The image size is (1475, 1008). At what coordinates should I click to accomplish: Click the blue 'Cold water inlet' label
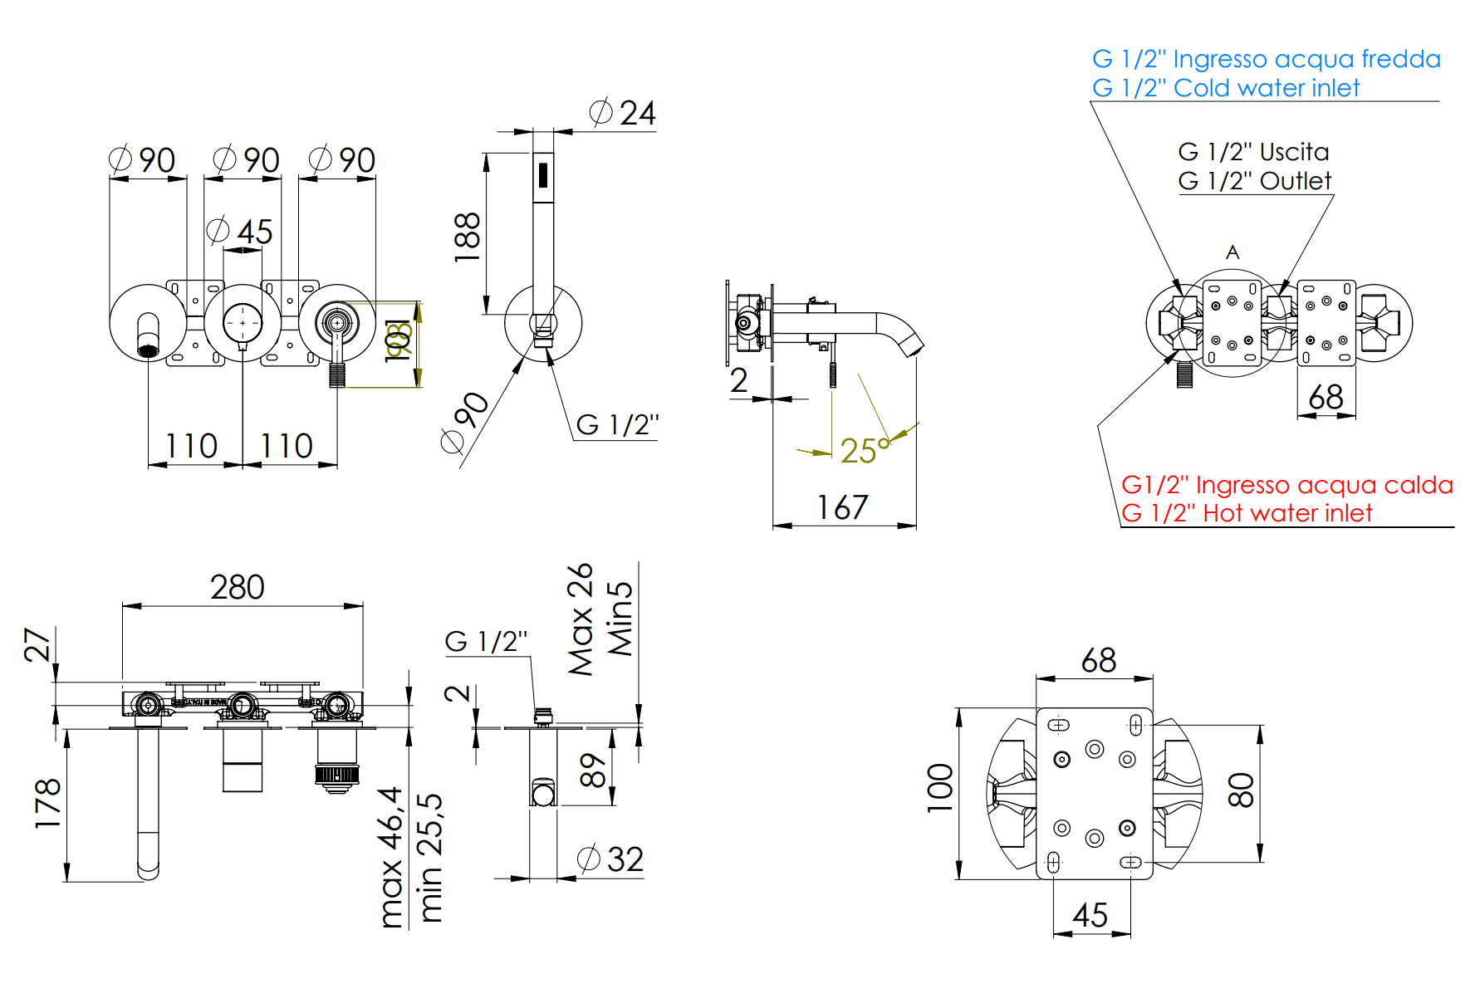point(1225,88)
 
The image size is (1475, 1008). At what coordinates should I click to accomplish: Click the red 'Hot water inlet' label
point(1246,513)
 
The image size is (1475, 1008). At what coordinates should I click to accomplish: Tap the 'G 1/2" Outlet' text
point(1254,181)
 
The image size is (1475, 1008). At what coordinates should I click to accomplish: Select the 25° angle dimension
point(864,451)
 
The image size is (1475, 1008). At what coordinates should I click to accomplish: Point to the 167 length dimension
point(842,507)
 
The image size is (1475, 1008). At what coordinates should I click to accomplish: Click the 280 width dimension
point(238,588)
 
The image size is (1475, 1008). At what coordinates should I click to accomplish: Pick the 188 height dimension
point(468,237)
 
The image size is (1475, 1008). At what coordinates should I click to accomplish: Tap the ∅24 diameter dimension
point(623,113)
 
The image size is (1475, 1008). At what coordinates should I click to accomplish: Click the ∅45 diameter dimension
point(240,232)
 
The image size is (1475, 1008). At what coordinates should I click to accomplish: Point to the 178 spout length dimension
point(48,803)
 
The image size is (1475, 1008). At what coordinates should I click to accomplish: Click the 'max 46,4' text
point(390,857)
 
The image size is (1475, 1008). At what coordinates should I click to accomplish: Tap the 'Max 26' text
point(581,619)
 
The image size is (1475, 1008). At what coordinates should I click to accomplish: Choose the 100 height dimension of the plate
point(940,788)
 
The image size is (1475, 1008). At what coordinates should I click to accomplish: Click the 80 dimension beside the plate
point(1241,790)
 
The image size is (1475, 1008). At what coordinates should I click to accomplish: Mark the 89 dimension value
point(593,771)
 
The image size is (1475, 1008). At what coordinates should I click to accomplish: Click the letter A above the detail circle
point(1232,252)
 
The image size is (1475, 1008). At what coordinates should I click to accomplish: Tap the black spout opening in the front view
point(149,350)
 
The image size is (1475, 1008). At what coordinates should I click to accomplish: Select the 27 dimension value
point(38,644)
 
